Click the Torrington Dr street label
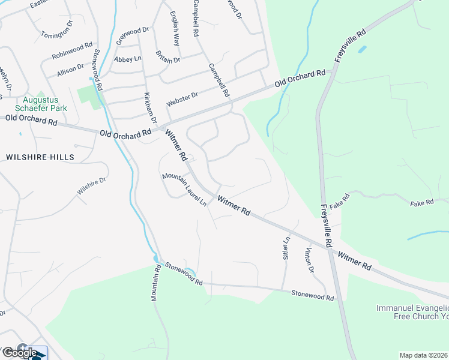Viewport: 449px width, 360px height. (57, 31)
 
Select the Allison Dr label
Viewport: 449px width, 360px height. (70, 69)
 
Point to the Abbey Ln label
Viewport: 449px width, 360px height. (127, 59)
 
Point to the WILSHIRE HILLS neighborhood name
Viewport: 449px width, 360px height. (40, 157)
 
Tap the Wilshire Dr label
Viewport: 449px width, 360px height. (91, 187)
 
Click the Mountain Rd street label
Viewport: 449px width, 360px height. (155, 283)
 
